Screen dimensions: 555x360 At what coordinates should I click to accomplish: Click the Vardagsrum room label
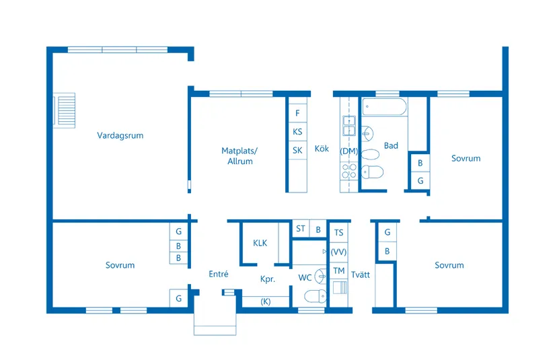click(120, 135)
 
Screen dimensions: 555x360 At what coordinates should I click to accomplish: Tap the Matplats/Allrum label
click(239, 155)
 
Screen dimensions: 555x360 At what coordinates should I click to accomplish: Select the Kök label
click(322, 149)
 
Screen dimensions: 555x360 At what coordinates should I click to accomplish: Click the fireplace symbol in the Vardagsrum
click(64, 110)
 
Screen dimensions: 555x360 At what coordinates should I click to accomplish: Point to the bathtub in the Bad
click(384, 107)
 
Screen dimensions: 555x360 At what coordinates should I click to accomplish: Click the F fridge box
click(297, 113)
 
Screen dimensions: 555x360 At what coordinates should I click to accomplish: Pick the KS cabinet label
click(297, 132)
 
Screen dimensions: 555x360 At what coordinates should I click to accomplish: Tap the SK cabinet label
click(297, 151)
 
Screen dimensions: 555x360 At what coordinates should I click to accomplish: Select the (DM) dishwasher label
click(349, 151)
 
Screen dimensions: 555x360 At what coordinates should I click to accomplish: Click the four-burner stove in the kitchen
click(349, 172)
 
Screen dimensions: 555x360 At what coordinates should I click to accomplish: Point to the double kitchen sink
click(349, 126)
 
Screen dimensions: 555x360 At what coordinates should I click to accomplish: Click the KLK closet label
click(260, 243)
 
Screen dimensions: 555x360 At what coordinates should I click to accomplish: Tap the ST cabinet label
click(301, 229)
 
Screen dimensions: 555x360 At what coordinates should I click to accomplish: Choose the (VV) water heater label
click(338, 252)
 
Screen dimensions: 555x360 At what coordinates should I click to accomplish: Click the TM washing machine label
click(339, 271)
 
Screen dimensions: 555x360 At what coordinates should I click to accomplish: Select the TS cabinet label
click(339, 233)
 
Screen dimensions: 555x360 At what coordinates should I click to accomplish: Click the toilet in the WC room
click(316, 296)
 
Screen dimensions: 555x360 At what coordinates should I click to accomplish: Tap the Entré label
click(219, 274)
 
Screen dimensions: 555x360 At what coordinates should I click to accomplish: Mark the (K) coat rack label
click(266, 301)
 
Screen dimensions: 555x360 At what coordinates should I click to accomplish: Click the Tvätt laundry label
click(361, 275)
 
